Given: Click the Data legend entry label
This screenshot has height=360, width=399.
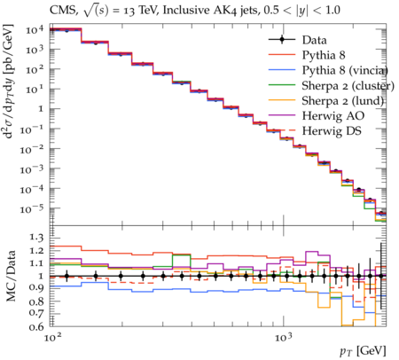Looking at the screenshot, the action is (314, 40).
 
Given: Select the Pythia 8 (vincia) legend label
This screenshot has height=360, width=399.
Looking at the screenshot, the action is (345, 70).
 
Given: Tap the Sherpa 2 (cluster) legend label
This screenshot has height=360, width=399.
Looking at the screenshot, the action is (348, 85).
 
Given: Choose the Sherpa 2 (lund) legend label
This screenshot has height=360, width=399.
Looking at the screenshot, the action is (343, 101).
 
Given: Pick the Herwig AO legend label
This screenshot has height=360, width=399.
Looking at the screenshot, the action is (333, 115).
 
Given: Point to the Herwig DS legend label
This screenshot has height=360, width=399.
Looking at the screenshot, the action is (332, 130).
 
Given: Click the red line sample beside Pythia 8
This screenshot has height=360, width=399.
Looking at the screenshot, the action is (282, 55).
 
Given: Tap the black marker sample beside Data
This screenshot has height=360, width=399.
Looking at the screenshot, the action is (282, 40).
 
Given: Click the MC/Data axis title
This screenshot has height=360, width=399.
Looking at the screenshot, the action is (11, 276).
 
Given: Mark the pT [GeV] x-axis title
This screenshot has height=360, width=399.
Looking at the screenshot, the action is (363, 351).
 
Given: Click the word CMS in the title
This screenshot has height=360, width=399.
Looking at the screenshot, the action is (63, 11).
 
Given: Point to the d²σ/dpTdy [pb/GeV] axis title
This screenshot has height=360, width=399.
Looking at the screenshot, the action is (9, 82).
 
